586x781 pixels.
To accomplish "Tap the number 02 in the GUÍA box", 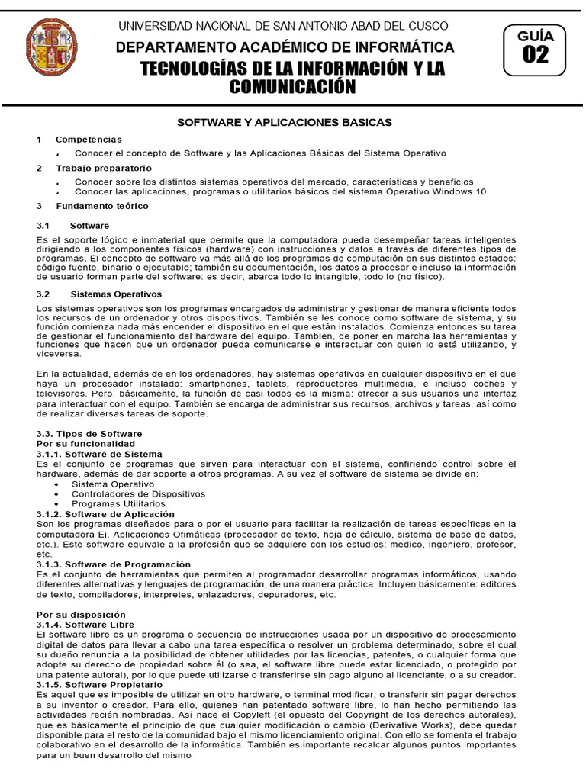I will tap(535, 55).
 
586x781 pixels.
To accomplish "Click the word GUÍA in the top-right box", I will tap(535, 35).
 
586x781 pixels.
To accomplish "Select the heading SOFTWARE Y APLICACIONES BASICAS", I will tap(285, 122).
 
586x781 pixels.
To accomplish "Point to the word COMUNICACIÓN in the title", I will tap(294, 87).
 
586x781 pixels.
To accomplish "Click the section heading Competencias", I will tap(89, 140).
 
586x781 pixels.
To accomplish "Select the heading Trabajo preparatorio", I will tap(103, 168).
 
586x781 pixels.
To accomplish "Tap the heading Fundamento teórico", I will tap(102, 206).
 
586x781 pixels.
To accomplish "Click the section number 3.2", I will tap(43, 294).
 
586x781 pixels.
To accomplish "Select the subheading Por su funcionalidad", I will tap(86, 444).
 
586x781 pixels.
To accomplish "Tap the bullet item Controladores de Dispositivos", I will tap(133, 493).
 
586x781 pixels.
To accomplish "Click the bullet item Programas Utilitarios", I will tap(118, 503).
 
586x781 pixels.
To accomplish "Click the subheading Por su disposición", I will tap(82, 614).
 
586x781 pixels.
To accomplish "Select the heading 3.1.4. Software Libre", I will tap(85, 624).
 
